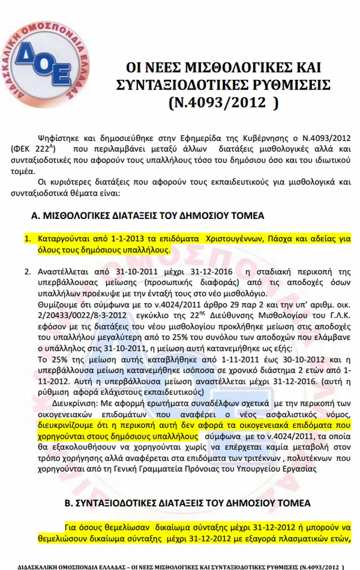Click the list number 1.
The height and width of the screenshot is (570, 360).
pyautogui.click(x=27, y=239)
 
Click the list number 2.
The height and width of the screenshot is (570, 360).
pyautogui.click(x=27, y=271)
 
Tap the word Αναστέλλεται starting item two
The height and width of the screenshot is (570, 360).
pyautogui.click(x=62, y=271)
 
